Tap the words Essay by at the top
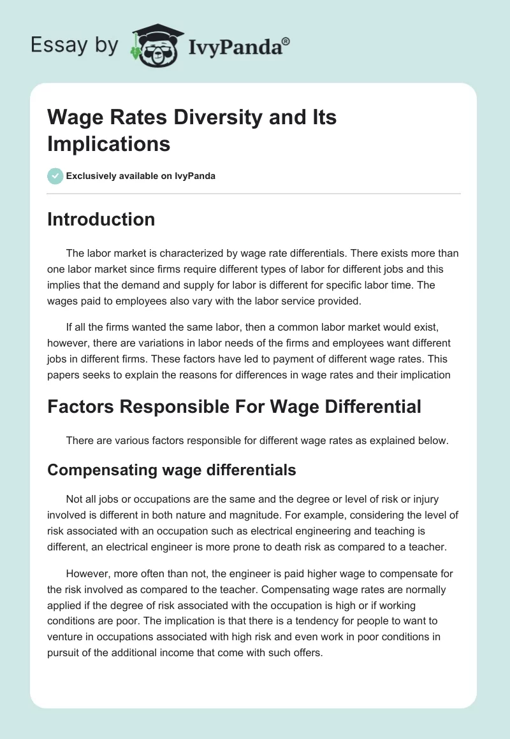75,45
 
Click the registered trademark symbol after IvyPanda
286,41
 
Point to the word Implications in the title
109,143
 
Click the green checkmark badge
55,176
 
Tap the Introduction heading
101,219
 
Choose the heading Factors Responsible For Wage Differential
234,406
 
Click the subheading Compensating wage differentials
171,470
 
